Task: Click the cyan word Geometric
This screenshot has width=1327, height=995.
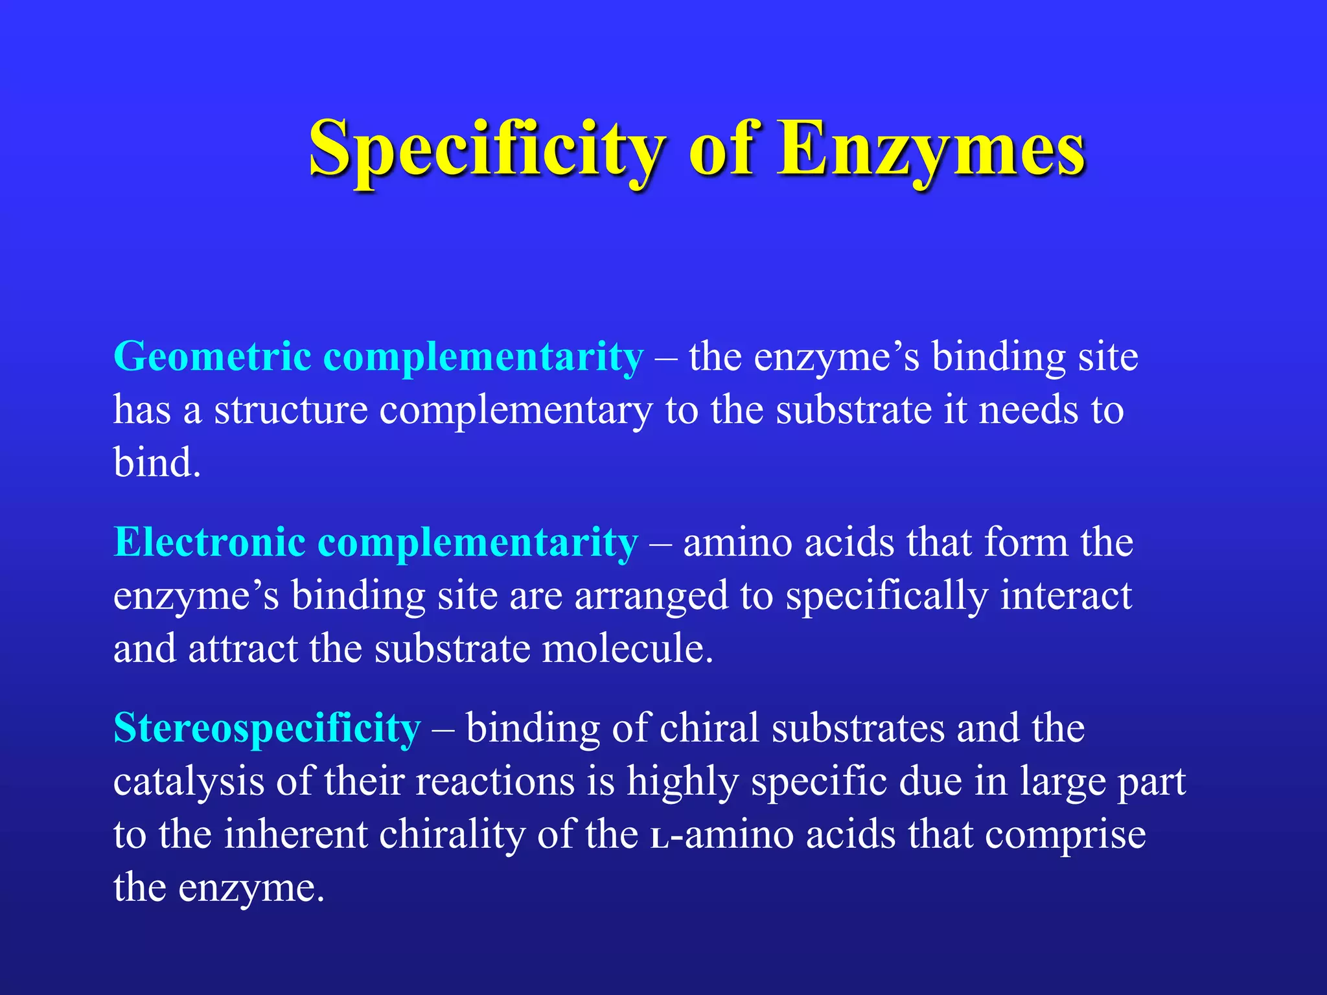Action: [213, 358]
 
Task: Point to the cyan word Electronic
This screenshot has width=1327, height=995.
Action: [209, 542]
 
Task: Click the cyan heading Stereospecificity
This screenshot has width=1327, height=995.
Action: [267, 728]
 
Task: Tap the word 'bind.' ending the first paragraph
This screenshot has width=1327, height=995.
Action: [157, 463]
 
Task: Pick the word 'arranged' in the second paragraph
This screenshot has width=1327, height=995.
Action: [651, 597]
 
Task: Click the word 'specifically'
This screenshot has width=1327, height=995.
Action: [887, 597]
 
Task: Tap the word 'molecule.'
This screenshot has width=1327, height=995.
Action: [627, 648]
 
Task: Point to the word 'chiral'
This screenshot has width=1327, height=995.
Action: [709, 728]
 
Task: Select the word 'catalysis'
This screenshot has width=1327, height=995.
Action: [189, 783]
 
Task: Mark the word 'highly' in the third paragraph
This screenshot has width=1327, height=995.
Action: [682, 783]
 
